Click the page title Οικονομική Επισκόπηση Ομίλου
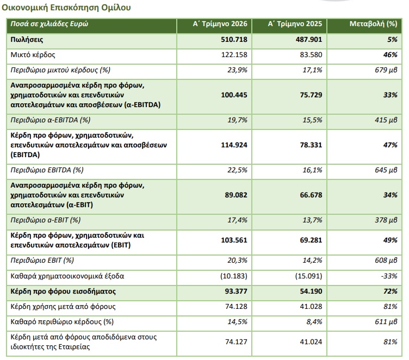pos(66,8)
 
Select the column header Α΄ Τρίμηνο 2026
pos(220,24)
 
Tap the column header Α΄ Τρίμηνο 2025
pos(295,24)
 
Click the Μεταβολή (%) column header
pos(373,24)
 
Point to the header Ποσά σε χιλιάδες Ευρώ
pos(49,24)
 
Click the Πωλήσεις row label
pos(27,40)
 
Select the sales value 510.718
pos(234,39)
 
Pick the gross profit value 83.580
pos(311,55)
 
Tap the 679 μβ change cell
pos(386,70)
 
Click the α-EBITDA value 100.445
pos(234,95)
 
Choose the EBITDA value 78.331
pos(311,145)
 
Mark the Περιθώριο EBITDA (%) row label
pos(47,170)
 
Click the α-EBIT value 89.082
pos(236,195)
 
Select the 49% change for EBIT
pos(390,240)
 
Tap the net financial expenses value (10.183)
pos(233,276)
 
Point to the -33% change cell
pos(389,276)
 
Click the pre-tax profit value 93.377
pos(236,291)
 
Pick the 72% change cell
pos(390,291)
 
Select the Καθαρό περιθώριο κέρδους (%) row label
pos(62,321)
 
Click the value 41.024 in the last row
pos(311,342)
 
